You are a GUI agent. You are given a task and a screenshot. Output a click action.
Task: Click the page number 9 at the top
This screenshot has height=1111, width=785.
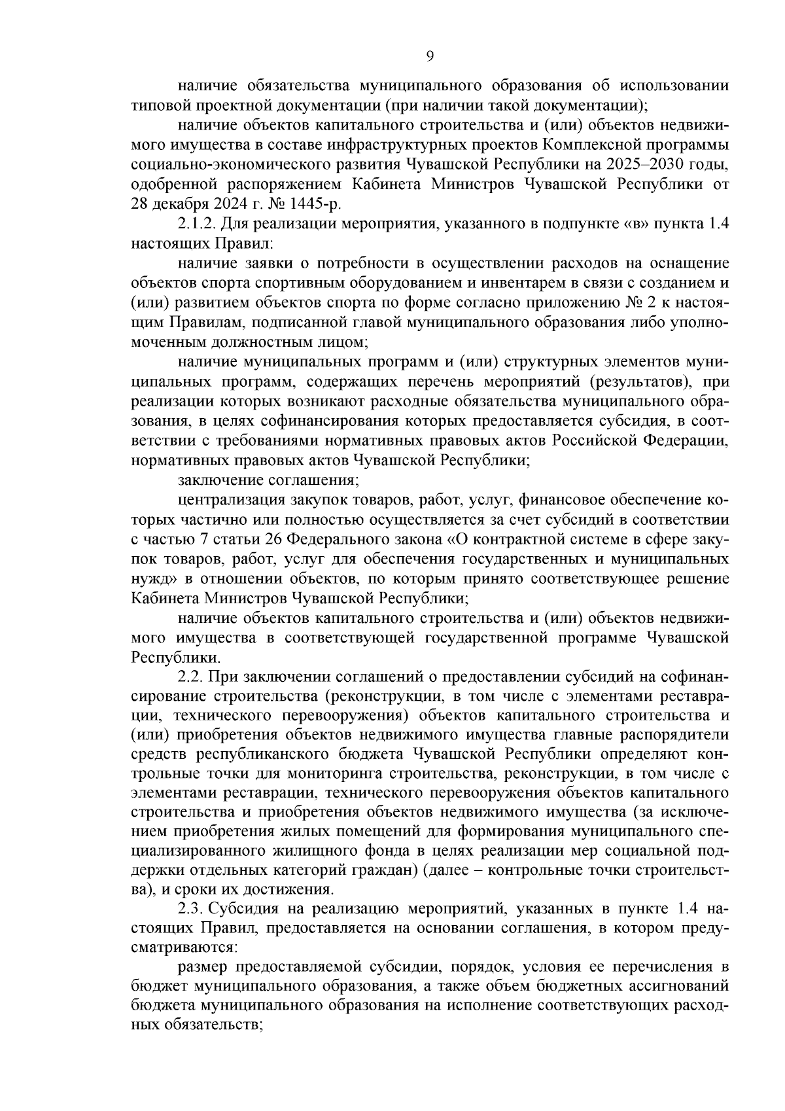[x=430, y=56]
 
